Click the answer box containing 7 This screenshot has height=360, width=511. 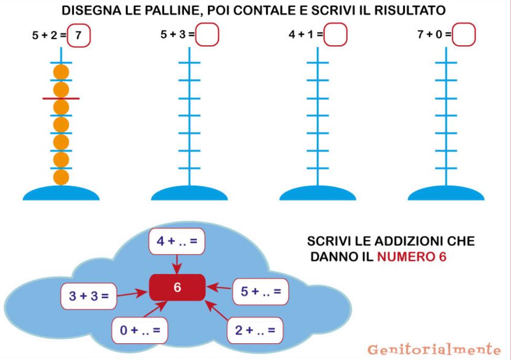tap(79, 35)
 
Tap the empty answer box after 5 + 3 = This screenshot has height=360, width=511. tap(207, 34)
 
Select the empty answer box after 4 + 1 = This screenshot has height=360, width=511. tap(336, 34)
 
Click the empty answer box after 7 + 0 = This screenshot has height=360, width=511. tap(464, 34)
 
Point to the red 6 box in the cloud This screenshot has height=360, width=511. tap(178, 288)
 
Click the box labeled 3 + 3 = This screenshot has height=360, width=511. tap(89, 296)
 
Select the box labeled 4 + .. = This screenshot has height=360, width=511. tap(177, 241)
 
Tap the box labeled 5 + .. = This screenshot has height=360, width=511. tap(260, 292)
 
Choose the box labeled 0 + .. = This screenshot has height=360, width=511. tap(140, 331)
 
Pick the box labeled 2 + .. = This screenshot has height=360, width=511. tap(255, 331)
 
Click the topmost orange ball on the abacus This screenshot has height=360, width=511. tap(61, 72)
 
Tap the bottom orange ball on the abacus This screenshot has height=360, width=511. tap(61, 177)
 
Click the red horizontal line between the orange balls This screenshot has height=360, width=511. tap(61, 98)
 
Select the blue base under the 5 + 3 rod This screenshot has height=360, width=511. tap(190, 193)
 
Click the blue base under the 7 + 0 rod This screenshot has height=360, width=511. tap(446, 193)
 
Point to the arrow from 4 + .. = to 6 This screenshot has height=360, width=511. tap(177, 264)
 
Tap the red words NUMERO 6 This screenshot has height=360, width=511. tap(412, 257)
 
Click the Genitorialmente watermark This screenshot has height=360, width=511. tap(434, 350)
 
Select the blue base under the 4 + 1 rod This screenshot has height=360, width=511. tap(318, 193)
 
